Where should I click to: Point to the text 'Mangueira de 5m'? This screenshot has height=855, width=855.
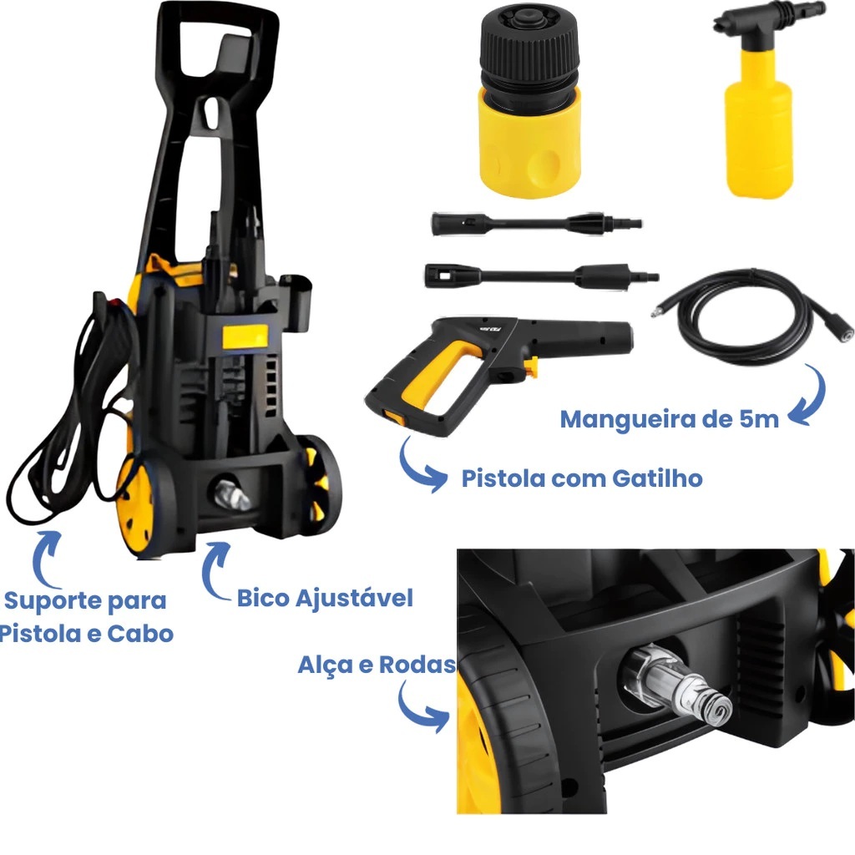coord(670,419)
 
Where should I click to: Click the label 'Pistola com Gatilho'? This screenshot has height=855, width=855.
coord(582,478)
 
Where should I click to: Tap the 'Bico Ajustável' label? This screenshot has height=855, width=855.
coord(325,598)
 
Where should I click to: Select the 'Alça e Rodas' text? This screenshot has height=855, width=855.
coord(377,665)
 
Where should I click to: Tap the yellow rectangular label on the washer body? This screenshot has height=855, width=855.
coord(245,336)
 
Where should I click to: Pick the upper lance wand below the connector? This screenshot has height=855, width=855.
coord(537,224)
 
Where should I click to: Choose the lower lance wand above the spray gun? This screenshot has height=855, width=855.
coord(541,276)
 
